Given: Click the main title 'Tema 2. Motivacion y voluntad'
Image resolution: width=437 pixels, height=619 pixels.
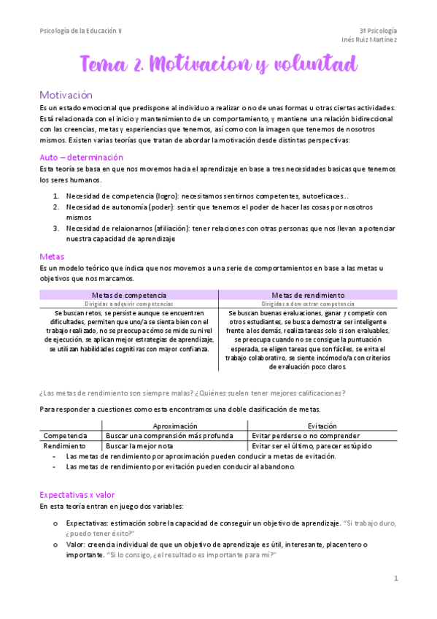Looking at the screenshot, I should tap(218, 65).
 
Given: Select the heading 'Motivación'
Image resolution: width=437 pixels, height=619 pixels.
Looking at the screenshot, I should tap(66, 95).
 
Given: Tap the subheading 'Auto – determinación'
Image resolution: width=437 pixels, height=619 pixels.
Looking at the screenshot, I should tap(81, 157).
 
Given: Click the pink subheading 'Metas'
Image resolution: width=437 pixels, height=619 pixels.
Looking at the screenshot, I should tap(52, 256).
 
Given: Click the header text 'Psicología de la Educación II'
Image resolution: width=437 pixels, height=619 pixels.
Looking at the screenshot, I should tap(81, 31).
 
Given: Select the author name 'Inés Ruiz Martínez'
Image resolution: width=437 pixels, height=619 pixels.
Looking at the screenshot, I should tap(368, 40).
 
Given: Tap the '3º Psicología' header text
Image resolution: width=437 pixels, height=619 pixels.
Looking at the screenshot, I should tap(378, 31).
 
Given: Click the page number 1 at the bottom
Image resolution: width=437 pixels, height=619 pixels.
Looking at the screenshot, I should tap(395, 579).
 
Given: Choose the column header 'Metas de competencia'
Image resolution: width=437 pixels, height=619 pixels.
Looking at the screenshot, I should tap(128, 295).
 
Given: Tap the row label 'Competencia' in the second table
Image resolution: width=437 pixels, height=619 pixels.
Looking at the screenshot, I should tap(66, 436).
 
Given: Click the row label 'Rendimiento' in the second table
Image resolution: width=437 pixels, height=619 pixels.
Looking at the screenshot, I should tap(64, 445).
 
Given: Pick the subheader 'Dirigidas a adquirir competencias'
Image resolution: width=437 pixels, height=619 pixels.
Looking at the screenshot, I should tap(128, 304).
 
